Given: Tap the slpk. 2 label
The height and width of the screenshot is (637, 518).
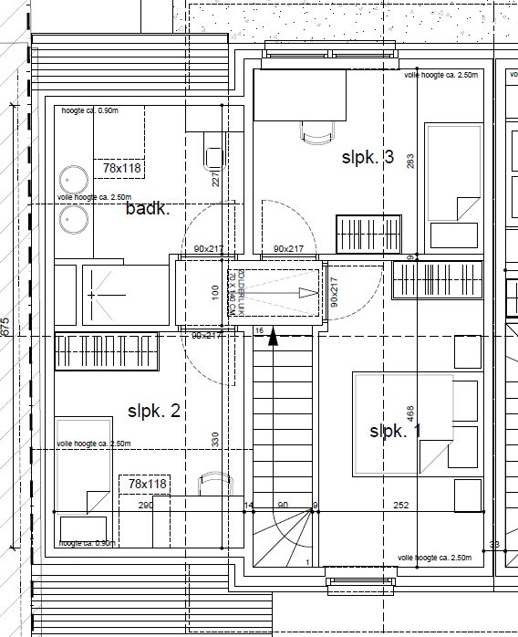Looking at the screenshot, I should click(153, 411).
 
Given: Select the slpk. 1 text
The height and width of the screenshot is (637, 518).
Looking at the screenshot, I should click(395, 431).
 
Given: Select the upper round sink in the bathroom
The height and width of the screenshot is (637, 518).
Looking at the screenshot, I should click(72, 178).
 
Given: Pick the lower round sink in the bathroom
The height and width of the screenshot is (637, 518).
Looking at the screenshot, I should click(72, 218).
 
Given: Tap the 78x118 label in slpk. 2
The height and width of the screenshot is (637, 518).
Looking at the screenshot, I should click(146, 484).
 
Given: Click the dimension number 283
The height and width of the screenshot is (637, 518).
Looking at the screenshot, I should click(411, 162).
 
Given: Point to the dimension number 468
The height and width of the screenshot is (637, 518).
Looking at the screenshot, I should click(411, 414).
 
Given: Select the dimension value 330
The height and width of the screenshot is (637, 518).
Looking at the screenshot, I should click(216, 441).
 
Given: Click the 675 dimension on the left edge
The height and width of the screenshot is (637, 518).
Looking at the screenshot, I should click(5, 327).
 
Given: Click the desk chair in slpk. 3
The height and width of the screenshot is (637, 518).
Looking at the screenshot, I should click(316, 133).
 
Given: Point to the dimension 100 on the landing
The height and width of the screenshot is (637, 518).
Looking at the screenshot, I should click(215, 292).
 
